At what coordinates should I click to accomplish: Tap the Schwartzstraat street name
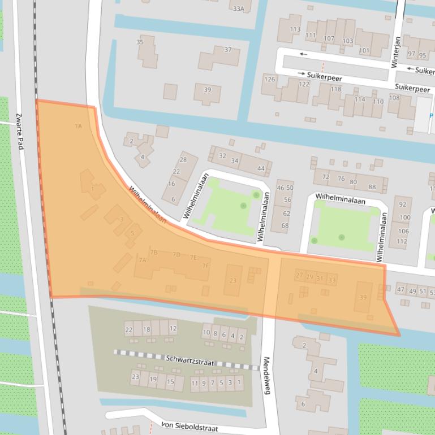[190, 360]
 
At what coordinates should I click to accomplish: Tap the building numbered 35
[140, 42]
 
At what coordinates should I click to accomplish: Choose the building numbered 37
[228, 50]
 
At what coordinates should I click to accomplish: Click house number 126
[270, 79]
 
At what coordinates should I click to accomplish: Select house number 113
[295, 29]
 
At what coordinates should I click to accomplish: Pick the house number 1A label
[78, 126]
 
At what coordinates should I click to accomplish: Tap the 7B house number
[153, 252]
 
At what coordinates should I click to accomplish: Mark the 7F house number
[206, 266]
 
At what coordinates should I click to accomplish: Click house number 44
[261, 168]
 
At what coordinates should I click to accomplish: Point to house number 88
[372, 187]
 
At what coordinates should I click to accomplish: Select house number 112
[402, 241]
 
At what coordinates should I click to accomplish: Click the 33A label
[238, 8]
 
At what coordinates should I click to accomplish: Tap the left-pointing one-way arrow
[304, 54]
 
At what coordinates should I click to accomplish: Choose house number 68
[285, 225]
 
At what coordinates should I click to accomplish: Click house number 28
[183, 160]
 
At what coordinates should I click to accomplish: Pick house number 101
[364, 51]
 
